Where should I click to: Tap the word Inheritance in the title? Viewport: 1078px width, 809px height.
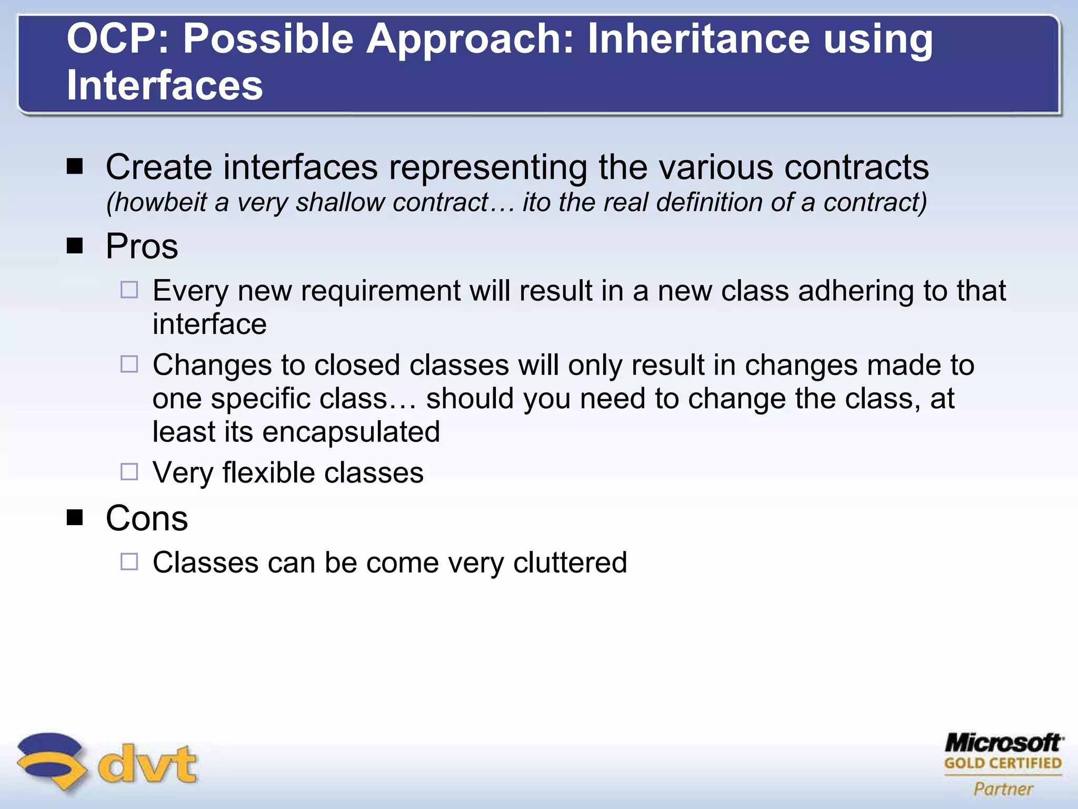[x=698, y=39]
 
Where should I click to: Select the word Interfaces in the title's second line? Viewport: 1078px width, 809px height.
[x=165, y=85]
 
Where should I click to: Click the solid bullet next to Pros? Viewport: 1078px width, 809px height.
[x=75, y=245]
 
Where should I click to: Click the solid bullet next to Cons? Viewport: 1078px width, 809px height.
[x=75, y=518]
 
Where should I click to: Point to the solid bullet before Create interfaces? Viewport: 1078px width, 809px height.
[x=75, y=167]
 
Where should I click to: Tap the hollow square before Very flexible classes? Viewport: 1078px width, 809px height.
[x=129, y=472]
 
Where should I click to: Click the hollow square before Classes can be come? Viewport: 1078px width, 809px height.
[x=129, y=561]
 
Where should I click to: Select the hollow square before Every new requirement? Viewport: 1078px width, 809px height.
[x=129, y=290]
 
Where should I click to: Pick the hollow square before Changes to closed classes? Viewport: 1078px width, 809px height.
[x=129, y=364]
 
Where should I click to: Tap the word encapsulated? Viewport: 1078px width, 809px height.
[x=351, y=432]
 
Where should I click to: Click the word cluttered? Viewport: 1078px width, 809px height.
[x=570, y=563]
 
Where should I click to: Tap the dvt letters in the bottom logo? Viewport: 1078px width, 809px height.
[x=147, y=764]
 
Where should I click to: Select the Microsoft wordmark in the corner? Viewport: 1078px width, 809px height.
[x=1003, y=743]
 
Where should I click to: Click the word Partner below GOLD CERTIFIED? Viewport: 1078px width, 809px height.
[x=1003, y=789]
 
